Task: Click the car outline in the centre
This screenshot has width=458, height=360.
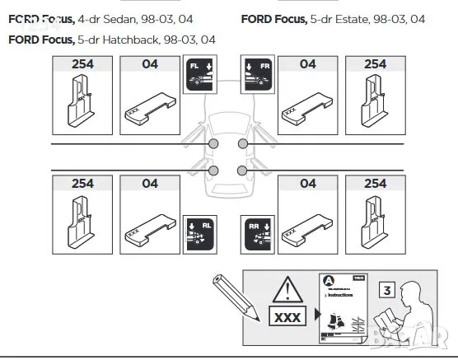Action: tap(228, 157)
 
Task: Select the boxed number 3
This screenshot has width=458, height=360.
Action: tap(387, 289)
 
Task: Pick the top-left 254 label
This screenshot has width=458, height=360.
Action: tap(82, 63)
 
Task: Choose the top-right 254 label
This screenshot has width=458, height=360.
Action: tap(375, 63)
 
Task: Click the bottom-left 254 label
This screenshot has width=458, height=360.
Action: tap(82, 184)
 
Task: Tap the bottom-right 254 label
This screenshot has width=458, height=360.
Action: tap(375, 184)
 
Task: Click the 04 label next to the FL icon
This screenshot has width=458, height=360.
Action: tap(149, 63)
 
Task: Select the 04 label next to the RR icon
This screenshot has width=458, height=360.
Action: tap(307, 184)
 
